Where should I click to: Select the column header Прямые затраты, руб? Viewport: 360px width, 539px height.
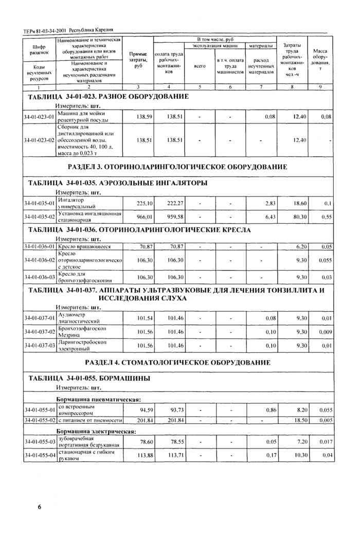[x=138, y=60]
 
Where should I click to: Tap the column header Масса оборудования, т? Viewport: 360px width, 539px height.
[x=323, y=60]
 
